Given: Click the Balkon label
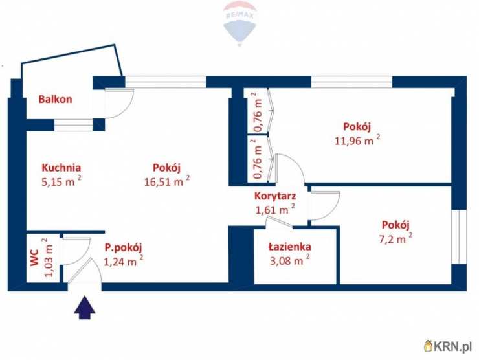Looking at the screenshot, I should click(55, 100).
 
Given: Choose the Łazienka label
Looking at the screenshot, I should click(290, 247).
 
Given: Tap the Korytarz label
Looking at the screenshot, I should click(275, 195).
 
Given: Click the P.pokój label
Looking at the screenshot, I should click(123, 246).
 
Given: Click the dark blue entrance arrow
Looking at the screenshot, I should click(84, 308).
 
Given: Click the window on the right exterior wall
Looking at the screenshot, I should click(459, 236).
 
